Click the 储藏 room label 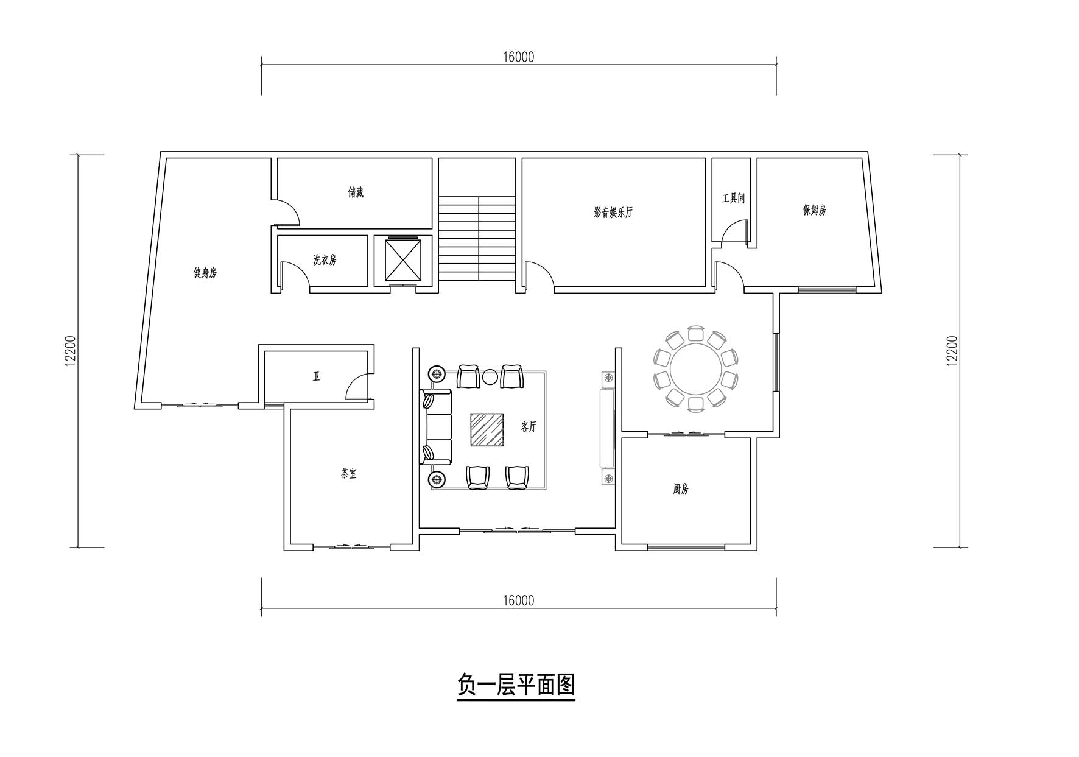tap(356, 193)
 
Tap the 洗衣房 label tap(325, 260)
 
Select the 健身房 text tap(205, 272)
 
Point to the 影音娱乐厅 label tap(613, 213)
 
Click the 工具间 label tap(733, 198)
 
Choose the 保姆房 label tap(814, 210)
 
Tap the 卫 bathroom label tap(316, 377)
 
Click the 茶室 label tap(348, 473)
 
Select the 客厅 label tap(529, 427)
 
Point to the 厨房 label tap(681, 489)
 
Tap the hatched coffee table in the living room tap(487, 430)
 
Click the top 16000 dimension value tap(519, 57)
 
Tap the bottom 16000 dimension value tap(519, 600)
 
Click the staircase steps tap(477, 238)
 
